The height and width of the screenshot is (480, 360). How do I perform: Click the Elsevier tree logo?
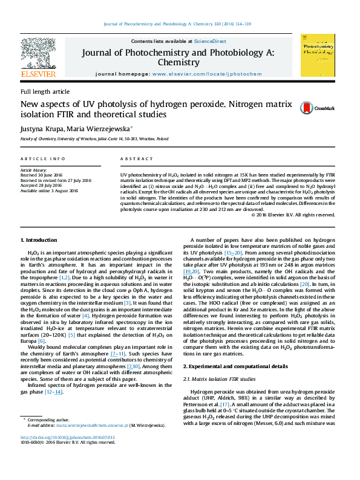[x=39, y=54]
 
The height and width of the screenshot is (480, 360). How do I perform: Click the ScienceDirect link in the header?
[x=210, y=41]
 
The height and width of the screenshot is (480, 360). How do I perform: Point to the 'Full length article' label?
[x=45, y=91]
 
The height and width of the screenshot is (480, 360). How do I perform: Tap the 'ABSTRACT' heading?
[x=137, y=158]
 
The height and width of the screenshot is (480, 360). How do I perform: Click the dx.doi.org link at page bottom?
[x=75, y=436]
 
